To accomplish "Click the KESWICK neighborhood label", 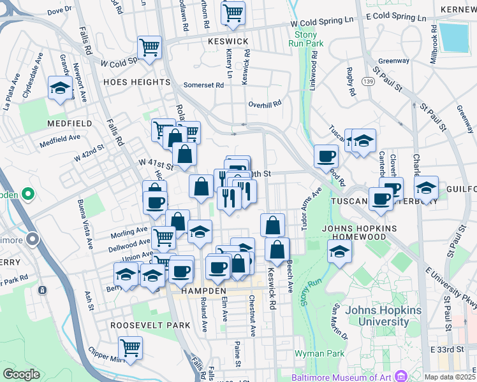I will click(228, 41).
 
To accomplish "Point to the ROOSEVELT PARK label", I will click(150, 325).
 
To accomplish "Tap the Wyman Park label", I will click(319, 353).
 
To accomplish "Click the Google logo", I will click(21, 374).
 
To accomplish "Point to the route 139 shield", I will click(367, 81).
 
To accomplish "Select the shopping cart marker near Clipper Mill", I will click(130, 348).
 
